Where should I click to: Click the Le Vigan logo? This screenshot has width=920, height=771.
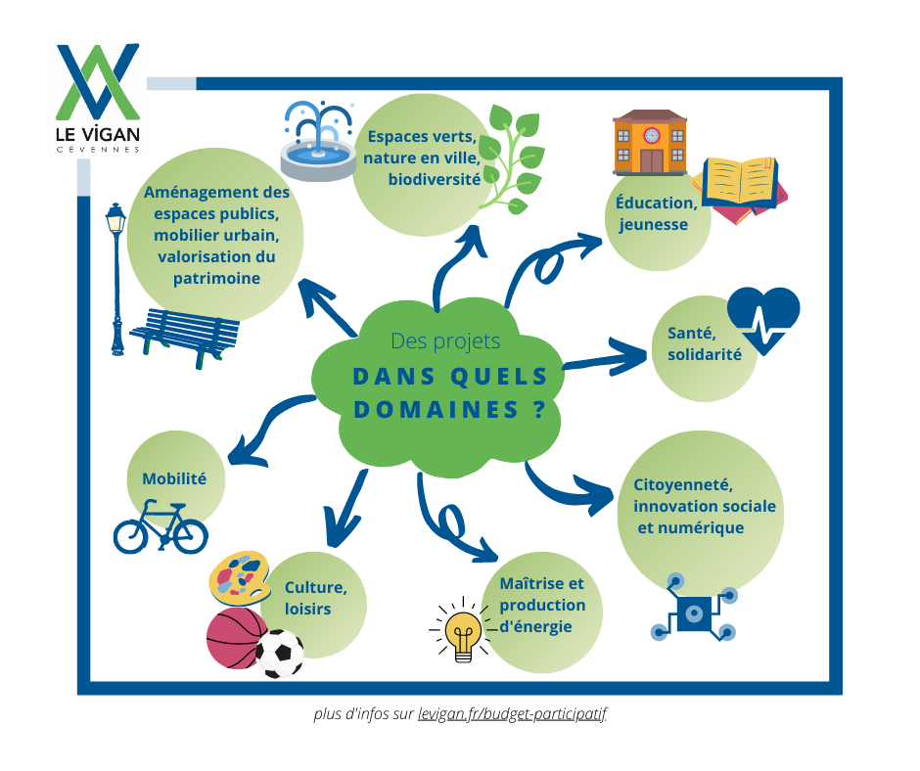pyautogui.click(x=98, y=98)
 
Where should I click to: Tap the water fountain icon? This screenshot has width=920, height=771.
pyautogui.click(x=318, y=142)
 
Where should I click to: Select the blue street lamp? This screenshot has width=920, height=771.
pyautogui.click(x=116, y=279)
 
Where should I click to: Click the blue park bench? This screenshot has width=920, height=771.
pyautogui.click(x=185, y=338)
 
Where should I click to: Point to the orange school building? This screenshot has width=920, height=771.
pyautogui.click(x=650, y=142)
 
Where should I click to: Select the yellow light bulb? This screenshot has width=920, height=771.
pyautogui.click(x=463, y=631)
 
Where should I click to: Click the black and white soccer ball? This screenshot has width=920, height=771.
pyautogui.click(x=280, y=653)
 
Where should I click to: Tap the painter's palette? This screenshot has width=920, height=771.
pyautogui.click(x=240, y=578)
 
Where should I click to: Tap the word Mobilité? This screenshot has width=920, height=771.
pyautogui.click(x=174, y=478)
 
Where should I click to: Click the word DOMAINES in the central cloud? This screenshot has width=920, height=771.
pyautogui.click(x=437, y=410)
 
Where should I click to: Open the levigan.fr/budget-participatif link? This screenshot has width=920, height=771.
pyautogui.click(x=512, y=714)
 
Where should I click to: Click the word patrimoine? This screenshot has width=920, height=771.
pyautogui.click(x=216, y=278)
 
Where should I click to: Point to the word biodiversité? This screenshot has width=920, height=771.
pyautogui.click(x=435, y=179)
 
